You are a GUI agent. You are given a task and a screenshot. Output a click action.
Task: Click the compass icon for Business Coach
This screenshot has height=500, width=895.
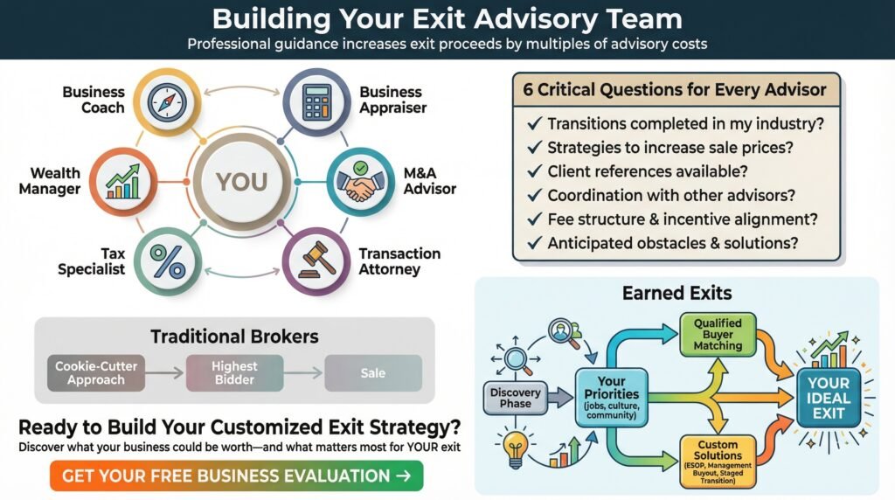point(167,103)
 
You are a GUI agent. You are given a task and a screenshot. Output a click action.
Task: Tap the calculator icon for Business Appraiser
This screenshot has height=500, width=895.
point(316,102)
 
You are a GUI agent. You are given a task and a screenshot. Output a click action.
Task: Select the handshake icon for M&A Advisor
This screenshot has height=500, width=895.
point(360,182)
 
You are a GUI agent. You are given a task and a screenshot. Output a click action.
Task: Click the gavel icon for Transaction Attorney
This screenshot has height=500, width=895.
point(316,261)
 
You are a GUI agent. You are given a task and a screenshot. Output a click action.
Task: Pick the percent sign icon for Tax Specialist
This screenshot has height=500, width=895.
point(168,262)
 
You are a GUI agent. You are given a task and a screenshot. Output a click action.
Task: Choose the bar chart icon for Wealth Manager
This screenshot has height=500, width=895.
point(122,182)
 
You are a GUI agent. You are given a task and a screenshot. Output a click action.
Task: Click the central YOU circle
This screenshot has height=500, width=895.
point(241,182)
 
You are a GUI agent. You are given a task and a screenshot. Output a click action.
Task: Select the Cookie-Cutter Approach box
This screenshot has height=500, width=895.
point(96,373)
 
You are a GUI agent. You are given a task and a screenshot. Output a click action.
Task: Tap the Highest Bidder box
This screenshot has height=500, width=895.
point(234,373)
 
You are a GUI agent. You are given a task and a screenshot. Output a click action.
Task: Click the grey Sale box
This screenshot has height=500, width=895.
point(373,373)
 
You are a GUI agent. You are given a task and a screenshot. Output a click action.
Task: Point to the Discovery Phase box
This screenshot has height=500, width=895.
point(516,398)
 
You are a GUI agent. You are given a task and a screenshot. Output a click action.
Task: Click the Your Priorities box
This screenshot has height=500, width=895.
point(611,397)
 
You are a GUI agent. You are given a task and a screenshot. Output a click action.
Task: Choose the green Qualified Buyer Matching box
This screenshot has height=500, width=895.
point(718,335)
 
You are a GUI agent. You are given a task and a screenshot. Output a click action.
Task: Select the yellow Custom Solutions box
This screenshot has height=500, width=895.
point(718,462)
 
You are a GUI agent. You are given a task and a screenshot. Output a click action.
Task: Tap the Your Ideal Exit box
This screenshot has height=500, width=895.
point(829,399)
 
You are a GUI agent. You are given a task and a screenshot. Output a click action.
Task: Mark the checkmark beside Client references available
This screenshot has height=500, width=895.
point(534,171)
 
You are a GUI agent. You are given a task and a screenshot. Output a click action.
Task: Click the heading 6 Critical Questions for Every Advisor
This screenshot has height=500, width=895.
point(675,90)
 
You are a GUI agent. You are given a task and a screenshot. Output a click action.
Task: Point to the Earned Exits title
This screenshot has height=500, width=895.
point(677,293)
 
